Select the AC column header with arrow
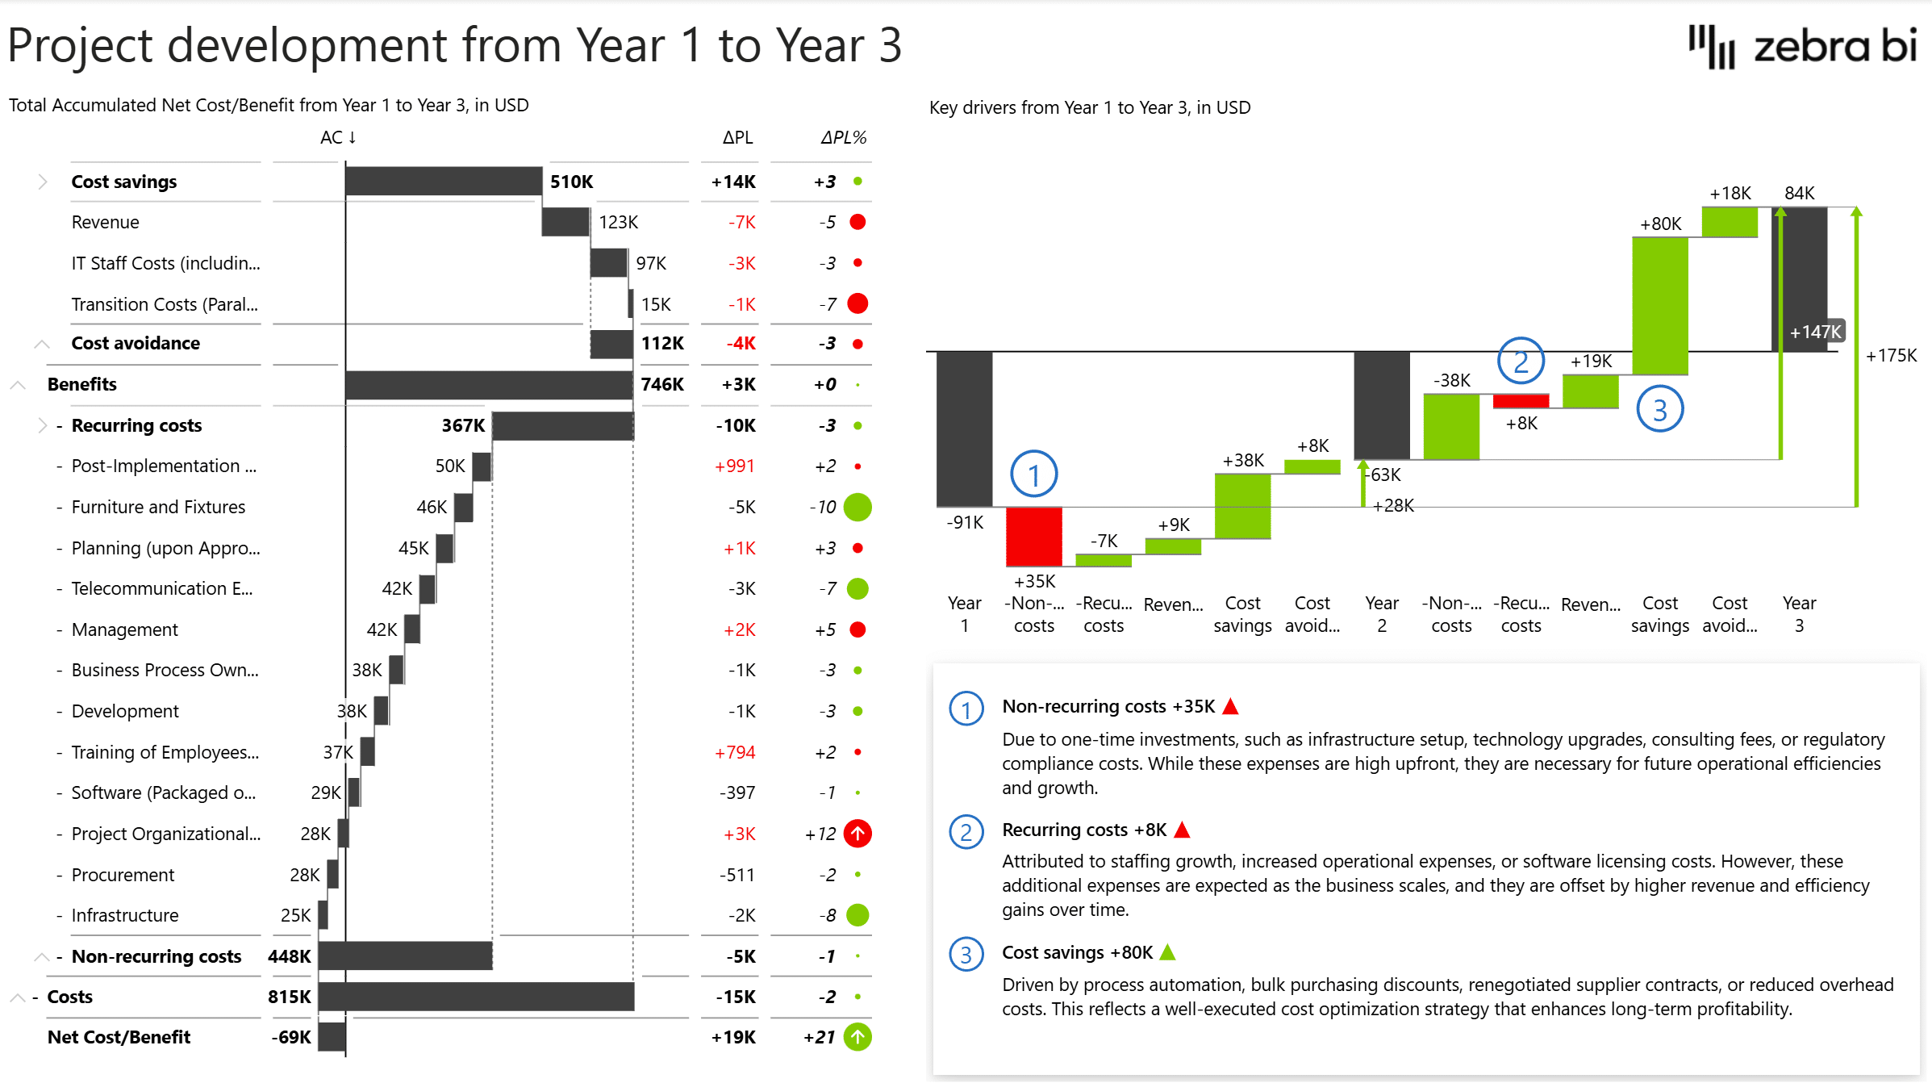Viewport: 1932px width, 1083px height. [338, 138]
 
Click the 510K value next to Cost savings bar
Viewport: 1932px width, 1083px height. [571, 182]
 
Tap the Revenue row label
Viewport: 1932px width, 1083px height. [105, 222]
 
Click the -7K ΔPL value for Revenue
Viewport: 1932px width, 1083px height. [741, 222]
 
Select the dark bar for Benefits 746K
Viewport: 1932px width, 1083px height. [488, 385]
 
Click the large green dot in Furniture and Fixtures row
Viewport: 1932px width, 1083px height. [857, 507]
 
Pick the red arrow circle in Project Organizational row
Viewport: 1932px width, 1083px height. [857, 834]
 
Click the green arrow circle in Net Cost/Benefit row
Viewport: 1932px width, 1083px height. [857, 1037]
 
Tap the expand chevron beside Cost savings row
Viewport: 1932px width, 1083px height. [42, 182]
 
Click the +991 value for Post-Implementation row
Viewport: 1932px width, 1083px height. [734, 466]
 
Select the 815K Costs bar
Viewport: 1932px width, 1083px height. [476, 997]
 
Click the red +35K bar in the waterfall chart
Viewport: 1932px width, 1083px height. [1033, 537]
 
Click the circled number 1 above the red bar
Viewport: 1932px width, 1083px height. [1033, 475]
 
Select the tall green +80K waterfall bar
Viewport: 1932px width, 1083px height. [1659, 307]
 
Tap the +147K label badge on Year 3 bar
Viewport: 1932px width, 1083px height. [1815, 332]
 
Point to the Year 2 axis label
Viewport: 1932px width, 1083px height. [1381, 614]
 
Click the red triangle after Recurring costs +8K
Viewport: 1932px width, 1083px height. [1182, 830]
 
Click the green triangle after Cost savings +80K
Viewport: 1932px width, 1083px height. [1167, 952]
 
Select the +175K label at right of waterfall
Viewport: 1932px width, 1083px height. [1891, 356]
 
